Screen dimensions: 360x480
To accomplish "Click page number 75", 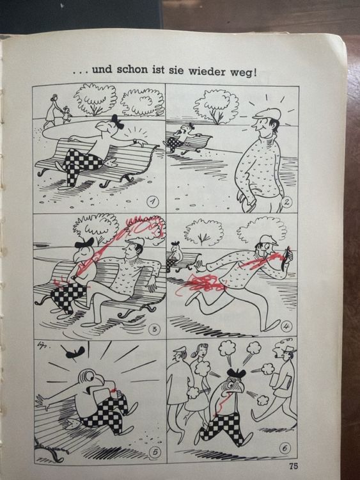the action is coord(293,466).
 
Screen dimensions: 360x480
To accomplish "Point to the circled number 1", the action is coord(153,201).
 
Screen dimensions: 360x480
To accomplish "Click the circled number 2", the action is coord(287,202).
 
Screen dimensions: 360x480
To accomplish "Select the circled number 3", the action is coord(154,329).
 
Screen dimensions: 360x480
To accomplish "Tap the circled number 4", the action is coord(286,326).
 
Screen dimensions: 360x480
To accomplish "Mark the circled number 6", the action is coord(285,448).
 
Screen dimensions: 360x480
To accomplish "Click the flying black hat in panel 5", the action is coord(73,353).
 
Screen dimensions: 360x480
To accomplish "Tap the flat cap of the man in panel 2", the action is coord(266,114).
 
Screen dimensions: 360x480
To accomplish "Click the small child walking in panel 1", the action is coord(66,115).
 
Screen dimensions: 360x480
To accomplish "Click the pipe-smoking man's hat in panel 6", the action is coord(289,349).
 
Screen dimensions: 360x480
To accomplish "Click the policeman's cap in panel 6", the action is coord(180,349).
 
